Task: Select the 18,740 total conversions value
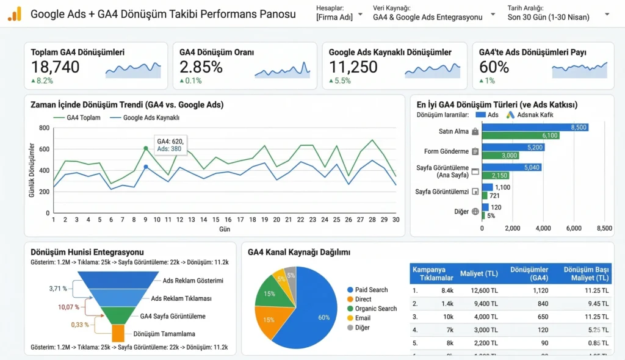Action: (55, 67)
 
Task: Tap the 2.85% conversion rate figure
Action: (201, 67)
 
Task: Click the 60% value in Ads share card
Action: (494, 67)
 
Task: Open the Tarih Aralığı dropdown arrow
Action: (607, 13)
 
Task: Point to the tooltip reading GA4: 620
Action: (170, 145)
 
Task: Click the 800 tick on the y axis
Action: (44, 128)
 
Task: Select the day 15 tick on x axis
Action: (216, 220)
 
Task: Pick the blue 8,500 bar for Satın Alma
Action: (535, 127)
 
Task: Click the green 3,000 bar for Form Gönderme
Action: (500, 156)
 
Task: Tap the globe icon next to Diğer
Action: (475, 212)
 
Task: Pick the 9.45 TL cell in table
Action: (596, 303)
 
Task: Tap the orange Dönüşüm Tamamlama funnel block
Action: (118, 334)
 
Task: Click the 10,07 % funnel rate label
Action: (69, 307)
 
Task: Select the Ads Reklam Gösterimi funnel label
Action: (193, 281)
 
